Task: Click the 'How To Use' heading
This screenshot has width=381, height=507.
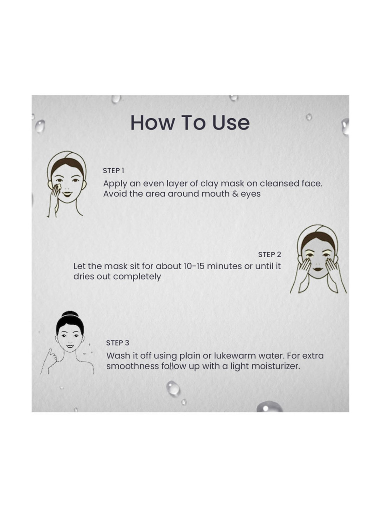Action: [190, 123]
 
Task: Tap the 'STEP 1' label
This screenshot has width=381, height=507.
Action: [114, 171]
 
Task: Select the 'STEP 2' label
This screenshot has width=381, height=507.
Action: [269, 255]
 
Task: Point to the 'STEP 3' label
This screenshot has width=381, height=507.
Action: [118, 343]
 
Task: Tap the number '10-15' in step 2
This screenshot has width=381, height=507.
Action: [192, 266]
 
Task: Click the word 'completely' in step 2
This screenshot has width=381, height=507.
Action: [137, 277]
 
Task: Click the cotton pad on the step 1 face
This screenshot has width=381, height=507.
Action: [58, 187]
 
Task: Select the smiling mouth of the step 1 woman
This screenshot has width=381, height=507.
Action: [67, 194]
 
